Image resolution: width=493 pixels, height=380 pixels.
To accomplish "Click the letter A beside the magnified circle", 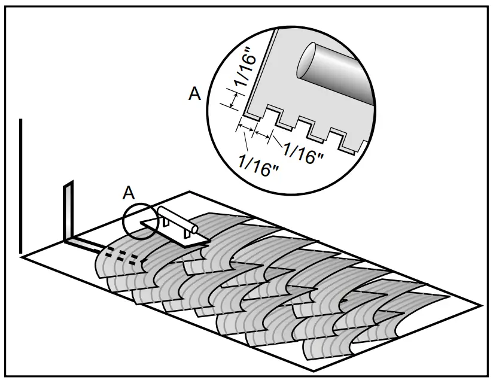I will [x=194, y=95].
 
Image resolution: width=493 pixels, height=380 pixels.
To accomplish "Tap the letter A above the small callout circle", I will [x=127, y=193].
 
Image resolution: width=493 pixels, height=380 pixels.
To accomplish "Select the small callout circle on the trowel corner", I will [x=141, y=221].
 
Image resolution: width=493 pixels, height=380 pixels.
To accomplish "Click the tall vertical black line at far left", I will [x=21, y=186].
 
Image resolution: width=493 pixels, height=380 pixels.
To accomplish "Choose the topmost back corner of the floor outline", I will [x=190, y=191].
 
